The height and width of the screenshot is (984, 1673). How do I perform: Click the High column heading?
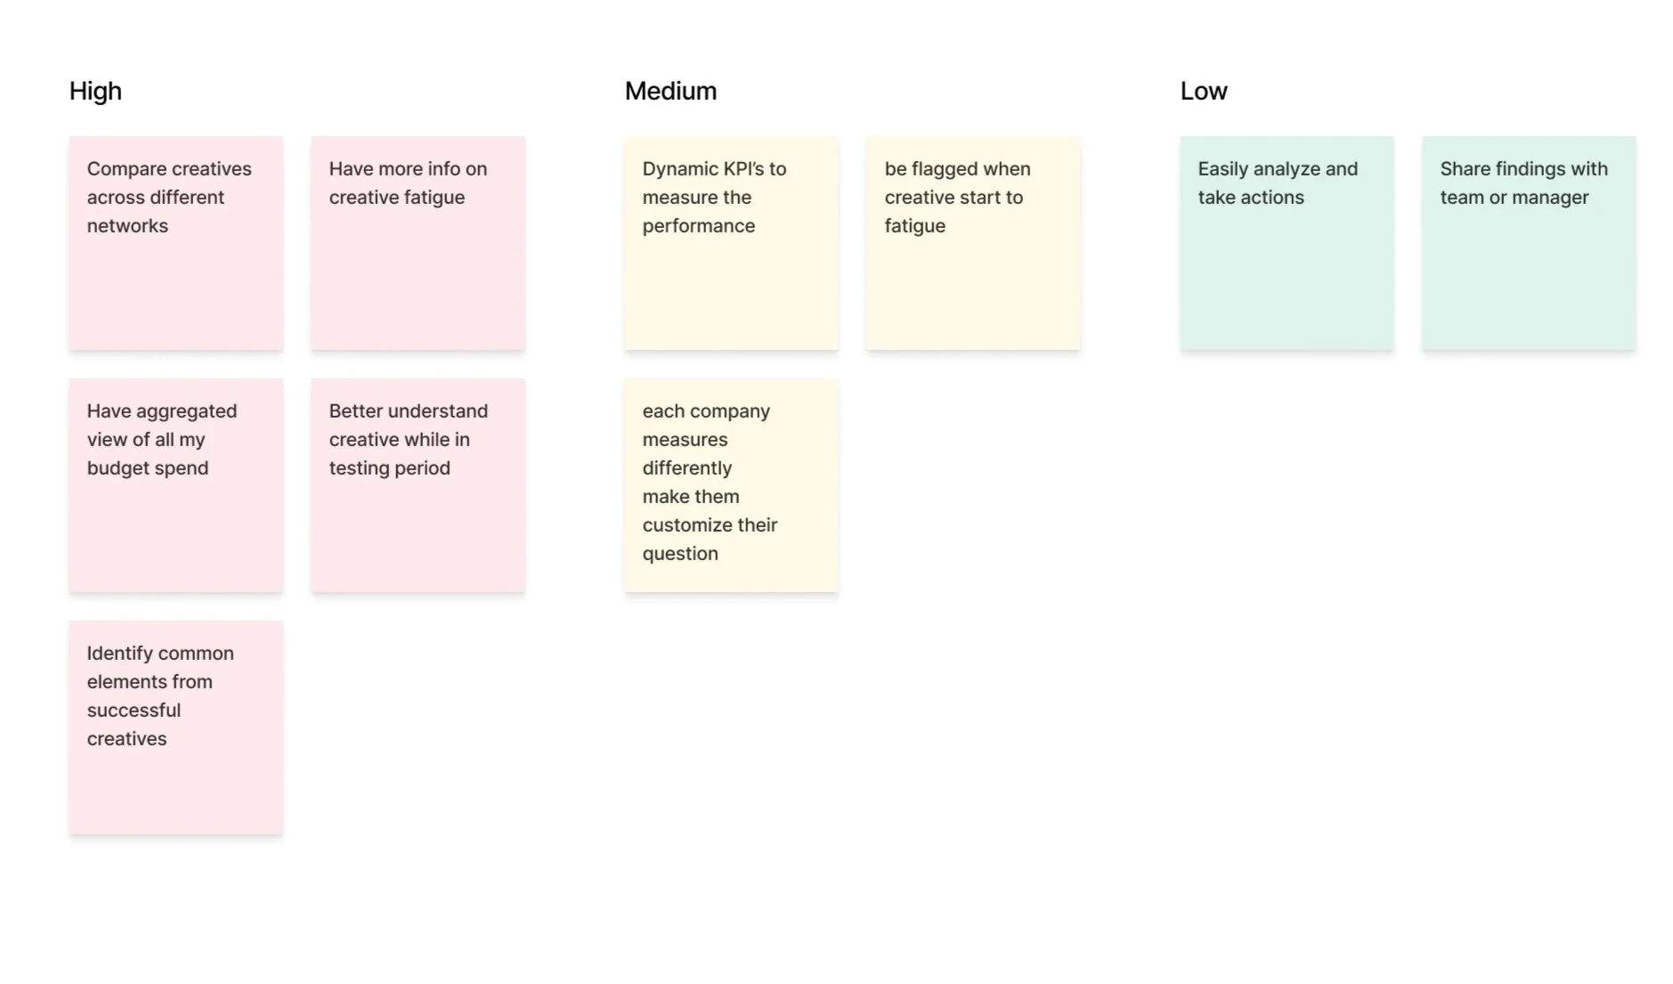95,91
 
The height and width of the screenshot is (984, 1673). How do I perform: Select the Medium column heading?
670,91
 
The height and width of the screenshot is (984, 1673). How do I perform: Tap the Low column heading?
1203,91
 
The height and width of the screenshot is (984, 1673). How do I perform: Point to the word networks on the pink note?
127,226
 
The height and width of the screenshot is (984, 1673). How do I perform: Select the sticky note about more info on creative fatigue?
418,243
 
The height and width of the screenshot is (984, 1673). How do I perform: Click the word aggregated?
186,411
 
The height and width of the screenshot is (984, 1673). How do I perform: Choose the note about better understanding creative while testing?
418,485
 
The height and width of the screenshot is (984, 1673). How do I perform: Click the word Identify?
119,654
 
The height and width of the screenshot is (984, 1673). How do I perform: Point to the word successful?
134,711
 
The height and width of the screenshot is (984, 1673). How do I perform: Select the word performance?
698,226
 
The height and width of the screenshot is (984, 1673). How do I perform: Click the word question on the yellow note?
679,554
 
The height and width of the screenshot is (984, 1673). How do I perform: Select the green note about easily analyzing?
1287,243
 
